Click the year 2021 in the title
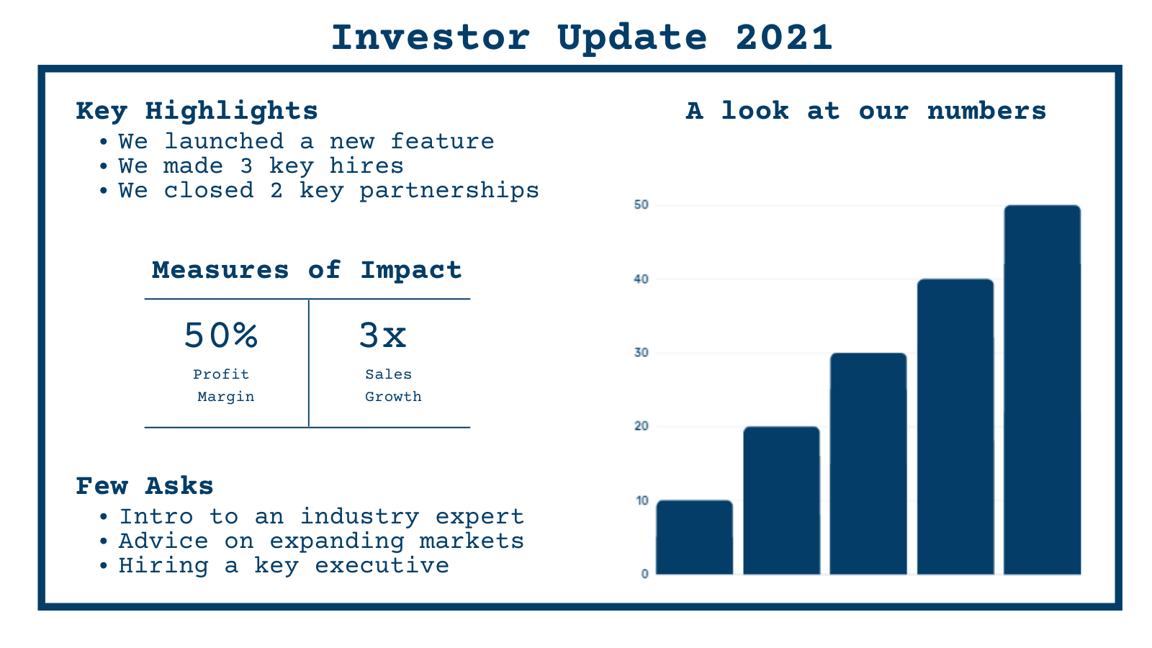tap(784, 37)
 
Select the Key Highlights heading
tap(197, 111)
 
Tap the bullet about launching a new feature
tap(306, 141)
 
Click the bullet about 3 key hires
tap(261, 166)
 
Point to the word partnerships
tap(449, 190)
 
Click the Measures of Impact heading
tap(307, 270)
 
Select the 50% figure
tap(221, 336)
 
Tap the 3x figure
tap(382, 336)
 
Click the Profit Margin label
tap(222, 385)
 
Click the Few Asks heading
tap(145, 486)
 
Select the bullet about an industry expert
tap(321, 516)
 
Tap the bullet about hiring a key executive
tap(284, 565)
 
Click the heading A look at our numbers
tap(865, 111)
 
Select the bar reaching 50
tap(1042, 390)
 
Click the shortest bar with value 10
tap(694, 537)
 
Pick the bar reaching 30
tap(868, 464)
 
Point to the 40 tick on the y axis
tap(641, 279)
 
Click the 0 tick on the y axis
tap(644, 574)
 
